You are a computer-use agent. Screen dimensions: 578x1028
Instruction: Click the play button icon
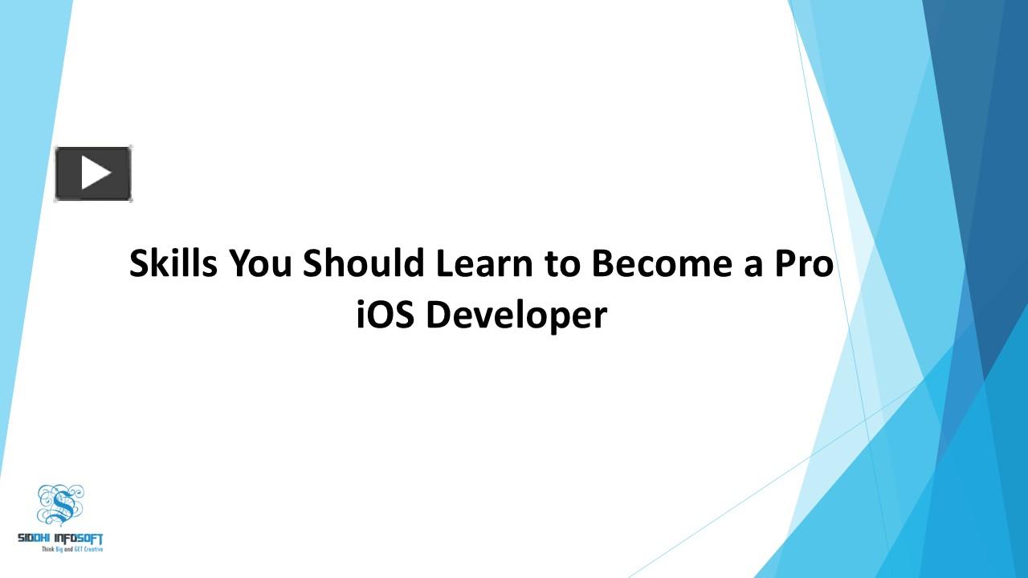[x=93, y=173]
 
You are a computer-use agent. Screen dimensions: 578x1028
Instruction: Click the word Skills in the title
[x=173, y=264]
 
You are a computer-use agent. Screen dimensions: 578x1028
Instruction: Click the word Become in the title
[x=660, y=264]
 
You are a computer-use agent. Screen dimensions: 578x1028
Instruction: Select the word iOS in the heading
[x=385, y=315]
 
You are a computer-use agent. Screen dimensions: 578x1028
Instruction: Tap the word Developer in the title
[x=516, y=315]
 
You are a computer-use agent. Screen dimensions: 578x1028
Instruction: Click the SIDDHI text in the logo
[x=36, y=538]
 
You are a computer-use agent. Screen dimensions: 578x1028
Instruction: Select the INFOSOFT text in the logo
[x=80, y=538]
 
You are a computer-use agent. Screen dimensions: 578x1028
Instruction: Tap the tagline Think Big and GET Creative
[x=72, y=548]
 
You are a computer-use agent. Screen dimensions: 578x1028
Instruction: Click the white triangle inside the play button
[x=95, y=173]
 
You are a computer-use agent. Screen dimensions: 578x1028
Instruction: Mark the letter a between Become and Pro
[x=752, y=266]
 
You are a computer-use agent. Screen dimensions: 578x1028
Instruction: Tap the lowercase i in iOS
[x=361, y=315]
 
